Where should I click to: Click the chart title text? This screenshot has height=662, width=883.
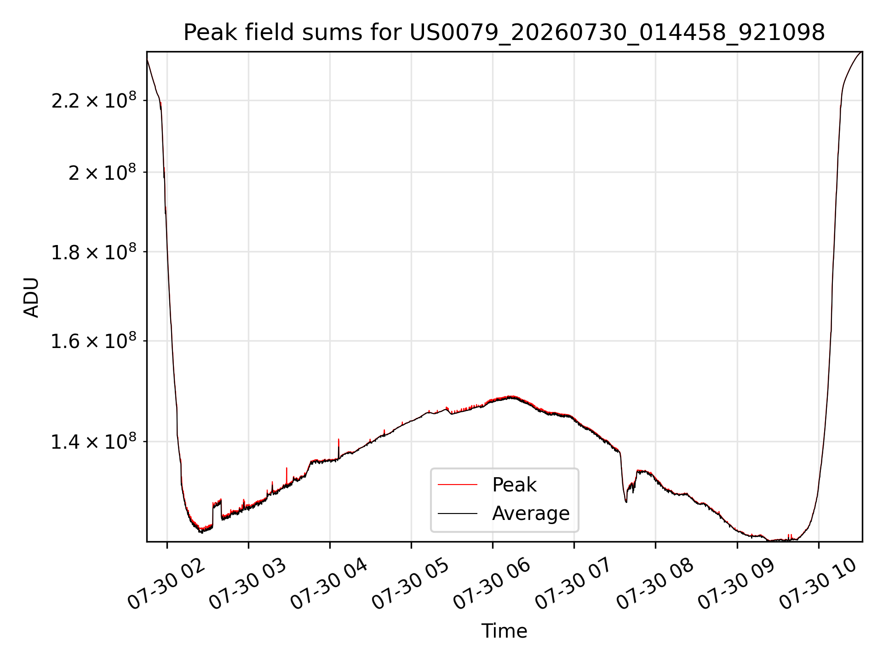coord(504,33)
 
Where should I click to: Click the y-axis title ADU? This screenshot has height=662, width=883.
coord(31,297)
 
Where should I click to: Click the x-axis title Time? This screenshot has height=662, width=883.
coord(504,631)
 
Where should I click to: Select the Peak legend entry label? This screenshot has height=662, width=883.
coord(514,485)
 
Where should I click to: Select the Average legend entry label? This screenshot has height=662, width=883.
coord(531,514)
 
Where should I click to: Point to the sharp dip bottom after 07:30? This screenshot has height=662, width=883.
coord(625,502)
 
